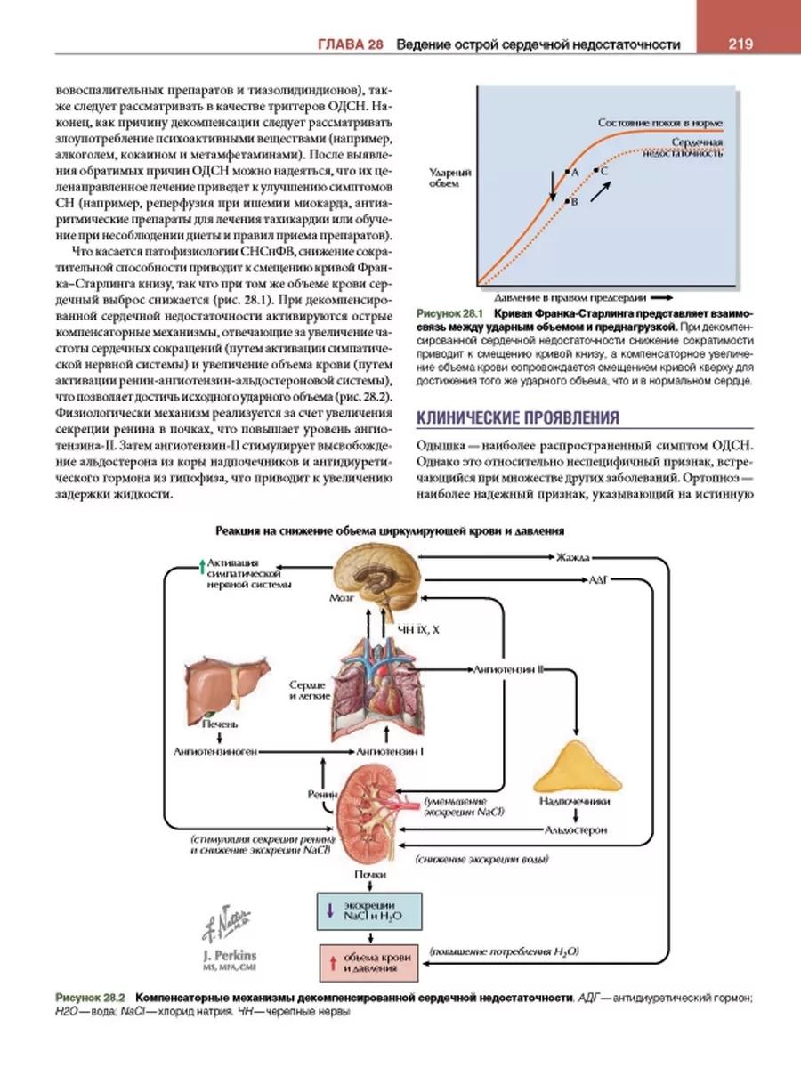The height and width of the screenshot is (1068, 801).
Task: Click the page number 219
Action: pyautogui.click(x=740, y=44)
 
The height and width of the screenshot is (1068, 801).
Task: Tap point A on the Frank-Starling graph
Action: pyautogui.click(x=565, y=171)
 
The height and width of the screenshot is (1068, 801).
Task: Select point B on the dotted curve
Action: pyautogui.click(x=565, y=203)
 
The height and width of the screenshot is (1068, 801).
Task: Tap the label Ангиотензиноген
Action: pyautogui.click(x=215, y=752)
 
